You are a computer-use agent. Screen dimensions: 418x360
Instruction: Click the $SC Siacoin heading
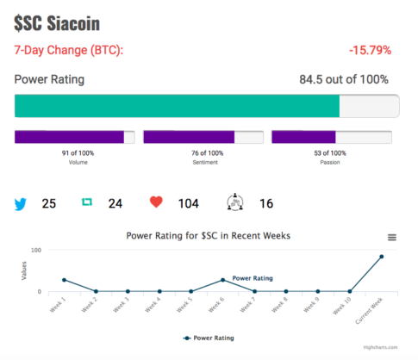pos(57,23)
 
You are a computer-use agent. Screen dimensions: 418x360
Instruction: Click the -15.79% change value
pos(370,50)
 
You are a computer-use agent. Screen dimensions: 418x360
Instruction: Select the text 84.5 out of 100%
pos(344,79)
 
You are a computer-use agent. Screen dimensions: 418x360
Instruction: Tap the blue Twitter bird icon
pos(21,204)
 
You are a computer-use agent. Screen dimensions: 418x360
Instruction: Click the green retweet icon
pos(87,202)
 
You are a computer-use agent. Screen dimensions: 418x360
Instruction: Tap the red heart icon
pos(156,202)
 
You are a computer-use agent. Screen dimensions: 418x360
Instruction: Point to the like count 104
pos(189,204)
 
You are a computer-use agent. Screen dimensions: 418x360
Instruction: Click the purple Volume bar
pos(69,137)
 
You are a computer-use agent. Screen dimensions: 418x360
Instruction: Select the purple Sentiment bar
pos(189,137)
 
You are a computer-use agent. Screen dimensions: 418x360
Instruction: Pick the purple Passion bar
pos(303,137)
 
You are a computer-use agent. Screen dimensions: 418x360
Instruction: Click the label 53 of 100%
pos(330,153)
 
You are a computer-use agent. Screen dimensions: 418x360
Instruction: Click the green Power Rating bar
pos(177,106)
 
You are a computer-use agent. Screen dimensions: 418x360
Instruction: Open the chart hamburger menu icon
pos(392,238)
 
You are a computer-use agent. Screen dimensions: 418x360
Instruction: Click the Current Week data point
pos(382,257)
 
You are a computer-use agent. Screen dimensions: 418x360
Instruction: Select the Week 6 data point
pos(222,280)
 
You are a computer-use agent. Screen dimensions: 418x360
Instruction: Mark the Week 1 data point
pos(64,280)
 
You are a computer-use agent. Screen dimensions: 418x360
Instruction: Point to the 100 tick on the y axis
pos(36,251)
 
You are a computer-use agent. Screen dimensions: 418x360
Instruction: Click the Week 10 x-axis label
pos(342,306)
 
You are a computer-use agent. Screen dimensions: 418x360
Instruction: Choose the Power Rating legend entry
pos(209,338)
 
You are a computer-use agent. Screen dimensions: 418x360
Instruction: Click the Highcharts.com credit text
pos(380,347)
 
